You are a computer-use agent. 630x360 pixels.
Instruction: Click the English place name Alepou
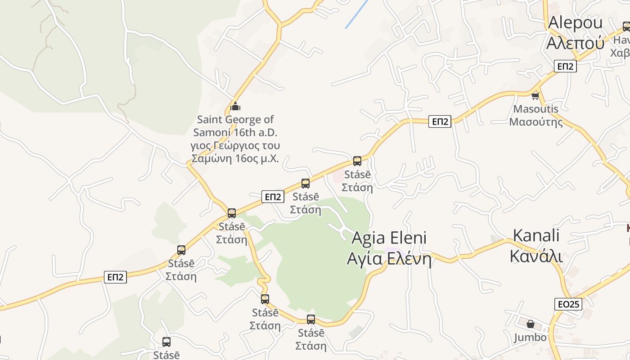[575, 22]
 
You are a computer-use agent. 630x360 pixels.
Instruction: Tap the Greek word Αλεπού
[575, 43]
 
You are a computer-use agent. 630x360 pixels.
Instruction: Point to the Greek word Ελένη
[409, 259]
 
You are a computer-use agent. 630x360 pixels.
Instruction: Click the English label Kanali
[536, 235]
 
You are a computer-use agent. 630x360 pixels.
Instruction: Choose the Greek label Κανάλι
[536, 256]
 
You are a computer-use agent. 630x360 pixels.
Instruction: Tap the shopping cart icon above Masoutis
[535, 95]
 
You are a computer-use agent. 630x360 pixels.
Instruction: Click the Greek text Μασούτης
[535, 122]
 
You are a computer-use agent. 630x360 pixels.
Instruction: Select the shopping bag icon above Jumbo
[531, 324]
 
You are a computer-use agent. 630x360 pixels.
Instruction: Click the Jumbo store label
[530, 337]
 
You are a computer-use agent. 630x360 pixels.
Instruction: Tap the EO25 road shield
[568, 304]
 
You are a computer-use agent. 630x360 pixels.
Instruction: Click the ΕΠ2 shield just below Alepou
[565, 67]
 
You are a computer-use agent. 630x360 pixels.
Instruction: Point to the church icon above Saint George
[235, 107]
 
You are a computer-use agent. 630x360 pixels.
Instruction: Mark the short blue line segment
[357, 14]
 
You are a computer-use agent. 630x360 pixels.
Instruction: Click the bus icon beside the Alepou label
[626, 27]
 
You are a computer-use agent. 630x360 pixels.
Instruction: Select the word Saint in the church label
[210, 120]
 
